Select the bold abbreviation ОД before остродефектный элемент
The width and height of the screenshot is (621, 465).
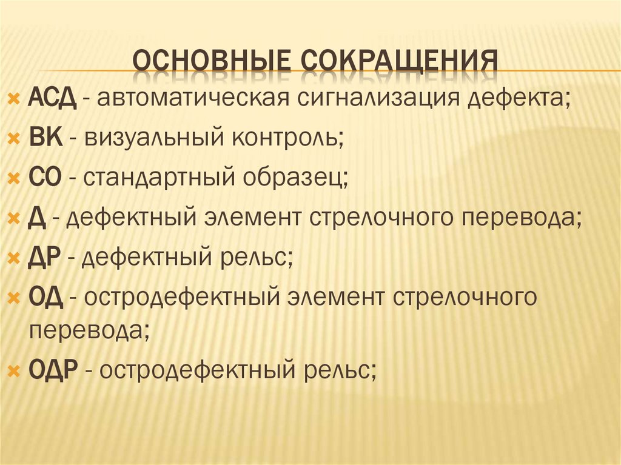[x=44, y=298]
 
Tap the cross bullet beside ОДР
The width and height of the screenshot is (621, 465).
[x=15, y=369]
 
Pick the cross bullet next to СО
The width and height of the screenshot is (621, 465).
[x=15, y=179]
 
